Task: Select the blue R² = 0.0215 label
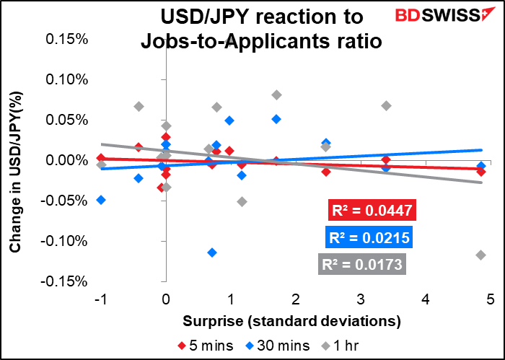point(371,237)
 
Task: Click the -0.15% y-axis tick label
point(65,281)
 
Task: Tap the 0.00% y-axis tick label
point(66,159)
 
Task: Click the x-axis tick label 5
point(490,298)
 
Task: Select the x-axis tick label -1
point(99,298)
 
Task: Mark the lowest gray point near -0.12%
point(481,255)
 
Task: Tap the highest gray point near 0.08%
point(277,95)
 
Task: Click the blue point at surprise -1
point(101,200)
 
